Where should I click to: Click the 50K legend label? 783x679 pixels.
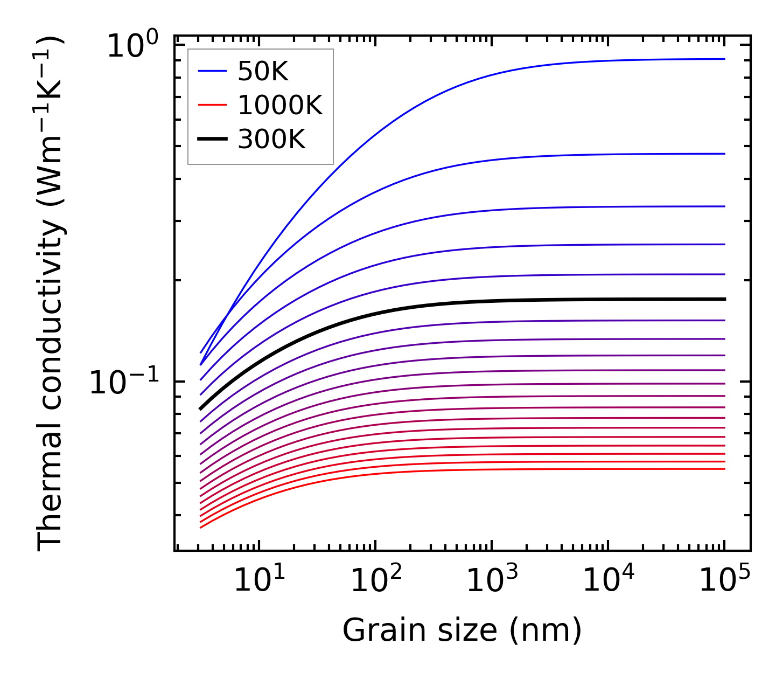point(263,72)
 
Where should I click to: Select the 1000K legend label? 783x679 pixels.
point(279,106)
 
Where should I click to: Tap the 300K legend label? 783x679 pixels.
point(271,140)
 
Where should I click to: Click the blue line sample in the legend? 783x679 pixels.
point(212,71)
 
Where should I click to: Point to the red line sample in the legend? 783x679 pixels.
point(212,105)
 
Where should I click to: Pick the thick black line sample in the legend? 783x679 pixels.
point(212,139)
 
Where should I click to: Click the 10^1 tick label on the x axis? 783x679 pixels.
point(260,581)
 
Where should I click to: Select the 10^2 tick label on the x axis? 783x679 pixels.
point(376,581)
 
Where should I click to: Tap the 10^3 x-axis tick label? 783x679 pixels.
point(492,581)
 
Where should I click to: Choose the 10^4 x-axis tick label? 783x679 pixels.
point(609,581)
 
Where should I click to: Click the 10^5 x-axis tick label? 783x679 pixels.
point(725,581)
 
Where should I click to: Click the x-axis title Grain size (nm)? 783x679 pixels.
point(462,630)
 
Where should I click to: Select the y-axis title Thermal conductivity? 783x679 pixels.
point(51,294)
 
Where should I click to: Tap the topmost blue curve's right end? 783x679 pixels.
point(724,59)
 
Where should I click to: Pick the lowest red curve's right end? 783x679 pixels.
point(724,469)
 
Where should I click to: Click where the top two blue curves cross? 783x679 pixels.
point(228,313)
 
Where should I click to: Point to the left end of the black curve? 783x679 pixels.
point(201,408)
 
